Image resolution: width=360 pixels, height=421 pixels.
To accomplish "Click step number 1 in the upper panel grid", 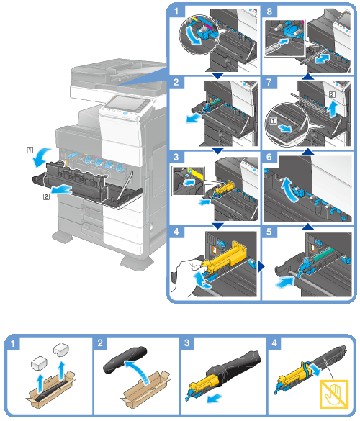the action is coord(176,12).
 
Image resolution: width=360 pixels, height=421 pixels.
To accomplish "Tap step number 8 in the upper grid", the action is coord(269,12).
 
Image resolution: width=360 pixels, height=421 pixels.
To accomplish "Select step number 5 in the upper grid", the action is coord(269,232).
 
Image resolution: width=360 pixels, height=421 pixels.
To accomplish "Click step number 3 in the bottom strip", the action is coord(187,343).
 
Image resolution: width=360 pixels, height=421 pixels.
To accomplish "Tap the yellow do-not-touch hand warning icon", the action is coord(334,394).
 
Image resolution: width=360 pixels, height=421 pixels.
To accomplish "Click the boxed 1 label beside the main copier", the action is coord(30,150).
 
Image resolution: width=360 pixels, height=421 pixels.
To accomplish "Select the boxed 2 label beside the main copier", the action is coord(46,196).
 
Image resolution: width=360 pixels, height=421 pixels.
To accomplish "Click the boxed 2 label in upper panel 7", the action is coord(332,94).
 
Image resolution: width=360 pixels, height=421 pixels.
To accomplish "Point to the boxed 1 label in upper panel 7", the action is coord(273,121).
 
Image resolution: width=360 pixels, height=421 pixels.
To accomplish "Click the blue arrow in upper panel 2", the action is coord(194,118).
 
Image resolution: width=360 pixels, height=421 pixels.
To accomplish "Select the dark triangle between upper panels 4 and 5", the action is coord(261,266).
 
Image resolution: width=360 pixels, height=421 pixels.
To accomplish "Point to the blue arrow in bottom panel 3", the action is coord(215,398).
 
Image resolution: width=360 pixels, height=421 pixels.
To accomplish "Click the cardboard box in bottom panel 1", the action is coord(51,390).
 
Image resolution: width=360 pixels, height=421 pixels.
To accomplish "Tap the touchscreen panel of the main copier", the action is coord(126,104).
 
